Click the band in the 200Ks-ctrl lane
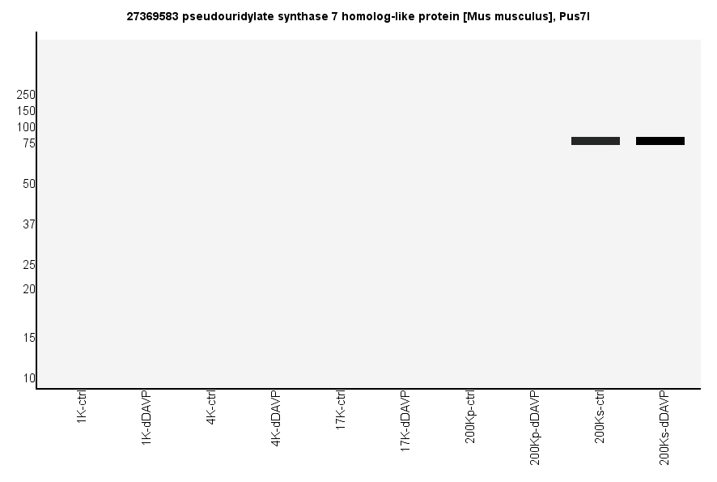tap(595, 141)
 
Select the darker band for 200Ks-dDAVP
tap(660, 141)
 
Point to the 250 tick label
tap(26, 95)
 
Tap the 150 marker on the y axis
tap(26, 111)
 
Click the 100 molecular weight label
tap(26, 127)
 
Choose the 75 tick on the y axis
tap(29, 143)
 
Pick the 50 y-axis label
tap(29, 184)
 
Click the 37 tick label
tap(29, 224)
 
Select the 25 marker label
tap(29, 265)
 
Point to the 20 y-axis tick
tap(29, 289)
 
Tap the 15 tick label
tap(29, 338)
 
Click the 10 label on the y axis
tap(29, 378)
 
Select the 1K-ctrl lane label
tap(82, 408)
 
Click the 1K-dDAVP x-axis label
tap(146, 417)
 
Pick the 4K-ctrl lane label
tap(211, 408)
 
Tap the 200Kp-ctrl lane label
tap(470, 416)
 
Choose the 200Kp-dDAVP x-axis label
tap(535, 428)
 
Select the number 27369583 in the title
tap(153, 16)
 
